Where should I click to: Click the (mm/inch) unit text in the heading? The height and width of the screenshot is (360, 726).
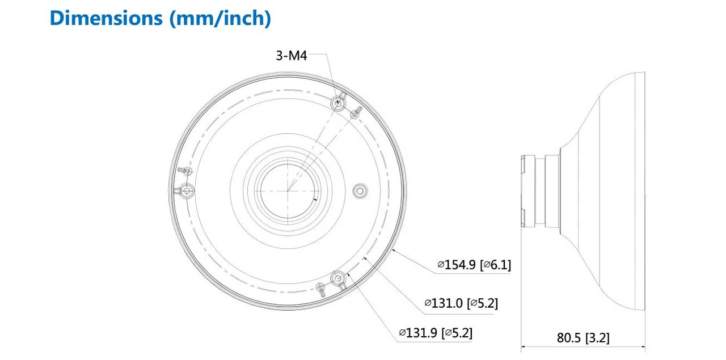pyautogui.click(x=221, y=18)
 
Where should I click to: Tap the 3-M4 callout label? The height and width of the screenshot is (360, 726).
pyautogui.click(x=291, y=55)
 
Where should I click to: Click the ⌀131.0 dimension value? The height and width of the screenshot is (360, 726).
pyautogui.click(x=444, y=303)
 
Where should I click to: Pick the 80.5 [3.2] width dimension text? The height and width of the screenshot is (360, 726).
pyautogui.click(x=583, y=338)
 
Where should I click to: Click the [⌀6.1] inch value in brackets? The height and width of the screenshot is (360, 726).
pyautogui.click(x=495, y=264)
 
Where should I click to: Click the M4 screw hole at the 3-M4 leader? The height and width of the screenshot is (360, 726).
pyautogui.click(x=338, y=103)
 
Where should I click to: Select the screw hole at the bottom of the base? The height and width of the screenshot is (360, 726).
pyautogui.click(x=339, y=279)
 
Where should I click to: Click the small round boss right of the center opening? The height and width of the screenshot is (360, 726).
pyautogui.click(x=359, y=190)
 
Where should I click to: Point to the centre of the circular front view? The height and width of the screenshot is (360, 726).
pyautogui.click(x=288, y=191)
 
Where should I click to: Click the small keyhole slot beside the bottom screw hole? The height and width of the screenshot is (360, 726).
pyautogui.click(x=322, y=289)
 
